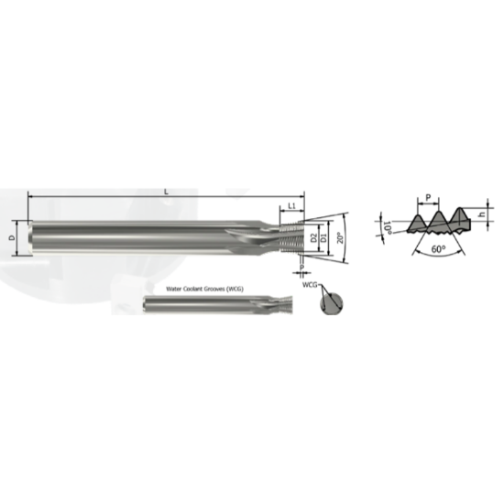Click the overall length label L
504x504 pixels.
point(165,191)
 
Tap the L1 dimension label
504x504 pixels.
point(291,206)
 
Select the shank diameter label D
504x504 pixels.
point(12,237)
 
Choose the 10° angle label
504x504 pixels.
point(387,226)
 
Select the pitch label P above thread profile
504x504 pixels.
point(426,196)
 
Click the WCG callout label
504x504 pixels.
point(309,286)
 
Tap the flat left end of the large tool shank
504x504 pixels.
point(31,236)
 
